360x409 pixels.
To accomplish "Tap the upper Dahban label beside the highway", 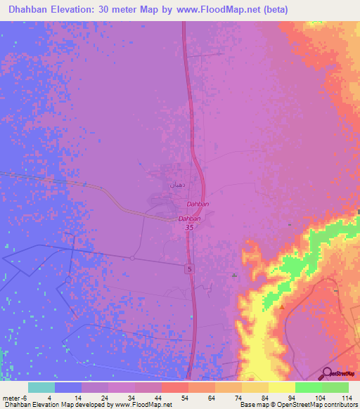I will tap(198, 204).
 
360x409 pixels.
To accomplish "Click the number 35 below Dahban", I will tap(189, 227).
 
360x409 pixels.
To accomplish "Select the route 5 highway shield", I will tap(189, 269).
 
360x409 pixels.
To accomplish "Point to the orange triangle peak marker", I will tap(282, 306).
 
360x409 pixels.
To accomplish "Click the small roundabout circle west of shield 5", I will tap(131, 258).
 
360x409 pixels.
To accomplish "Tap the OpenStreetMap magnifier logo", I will tap(327, 374).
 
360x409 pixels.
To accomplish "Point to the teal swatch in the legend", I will tap(41, 387).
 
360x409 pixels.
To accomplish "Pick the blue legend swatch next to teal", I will tap(67, 387).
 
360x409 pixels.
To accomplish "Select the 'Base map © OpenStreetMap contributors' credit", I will tap(297, 405).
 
